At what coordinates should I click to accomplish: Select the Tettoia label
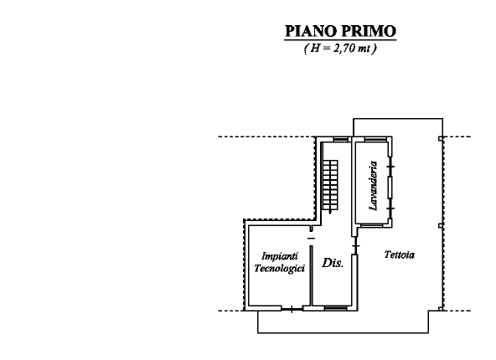click(400, 254)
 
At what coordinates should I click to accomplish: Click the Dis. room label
click(333, 263)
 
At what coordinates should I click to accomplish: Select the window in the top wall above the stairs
click(338, 138)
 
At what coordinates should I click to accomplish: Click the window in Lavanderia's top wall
click(371, 139)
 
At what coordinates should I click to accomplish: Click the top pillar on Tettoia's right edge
click(441, 137)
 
